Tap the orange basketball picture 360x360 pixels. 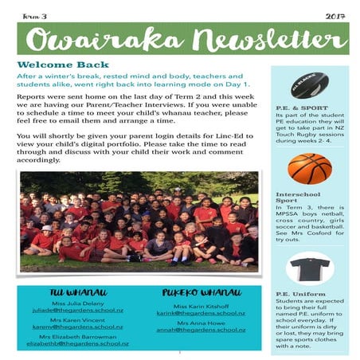click(309, 167)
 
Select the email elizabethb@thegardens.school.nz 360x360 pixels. click(77, 343)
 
